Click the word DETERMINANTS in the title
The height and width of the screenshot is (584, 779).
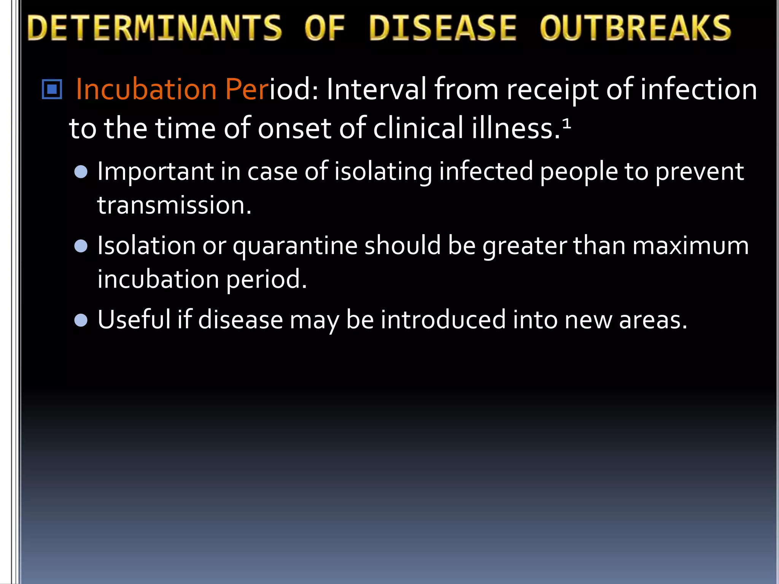click(x=155, y=28)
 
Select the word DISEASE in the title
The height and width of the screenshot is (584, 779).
click(x=442, y=28)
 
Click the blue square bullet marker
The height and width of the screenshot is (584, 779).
click(x=52, y=89)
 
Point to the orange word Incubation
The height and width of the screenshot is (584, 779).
click(x=146, y=90)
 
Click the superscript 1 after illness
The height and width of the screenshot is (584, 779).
click(x=566, y=124)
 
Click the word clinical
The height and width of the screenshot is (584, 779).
click(x=418, y=128)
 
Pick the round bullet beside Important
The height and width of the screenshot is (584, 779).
click(x=81, y=172)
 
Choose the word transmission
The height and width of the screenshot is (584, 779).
click(x=174, y=205)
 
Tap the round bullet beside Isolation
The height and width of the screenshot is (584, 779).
click(x=81, y=246)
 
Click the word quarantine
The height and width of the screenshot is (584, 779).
click(x=295, y=246)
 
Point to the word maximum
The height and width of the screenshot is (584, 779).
click(x=690, y=246)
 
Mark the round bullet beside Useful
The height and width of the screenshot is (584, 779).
click(x=81, y=320)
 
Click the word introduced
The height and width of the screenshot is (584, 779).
click(x=443, y=320)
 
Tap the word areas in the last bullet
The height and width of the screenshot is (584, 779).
click(x=653, y=320)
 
